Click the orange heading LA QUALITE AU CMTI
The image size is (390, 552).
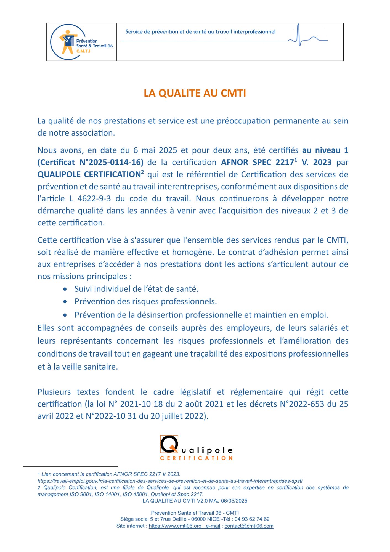click(195, 93)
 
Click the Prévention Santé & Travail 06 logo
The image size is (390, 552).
click(81, 42)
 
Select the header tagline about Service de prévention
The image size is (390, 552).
click(200, 32)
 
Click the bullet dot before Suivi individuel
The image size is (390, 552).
click(65, 289)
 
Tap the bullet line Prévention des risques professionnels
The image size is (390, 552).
click(145, 302)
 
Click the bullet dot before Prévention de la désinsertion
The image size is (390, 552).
click(65, 315)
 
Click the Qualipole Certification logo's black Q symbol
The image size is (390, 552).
click(169, 444)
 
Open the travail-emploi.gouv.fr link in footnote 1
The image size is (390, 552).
click(170, 481)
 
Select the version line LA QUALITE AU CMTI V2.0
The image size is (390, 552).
click(195, 501)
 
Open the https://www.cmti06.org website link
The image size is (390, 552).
click(175, 526)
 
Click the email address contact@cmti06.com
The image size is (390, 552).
click(249, 526)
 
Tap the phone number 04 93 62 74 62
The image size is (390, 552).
click(252, 519)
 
